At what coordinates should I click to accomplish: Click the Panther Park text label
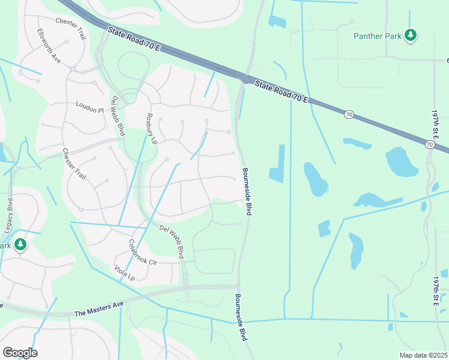377,36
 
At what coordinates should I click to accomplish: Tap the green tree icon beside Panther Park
411,35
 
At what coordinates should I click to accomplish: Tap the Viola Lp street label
125,271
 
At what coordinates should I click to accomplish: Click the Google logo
20,353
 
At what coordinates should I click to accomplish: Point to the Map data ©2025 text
423,355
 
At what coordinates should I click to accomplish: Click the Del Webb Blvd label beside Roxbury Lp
118,115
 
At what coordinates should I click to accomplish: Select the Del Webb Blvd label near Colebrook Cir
172,242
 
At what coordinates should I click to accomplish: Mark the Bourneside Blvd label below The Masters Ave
241,318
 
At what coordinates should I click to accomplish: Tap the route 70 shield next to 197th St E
429,144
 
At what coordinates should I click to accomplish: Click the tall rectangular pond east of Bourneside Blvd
277,163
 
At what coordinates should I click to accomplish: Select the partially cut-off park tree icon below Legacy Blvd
21,245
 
